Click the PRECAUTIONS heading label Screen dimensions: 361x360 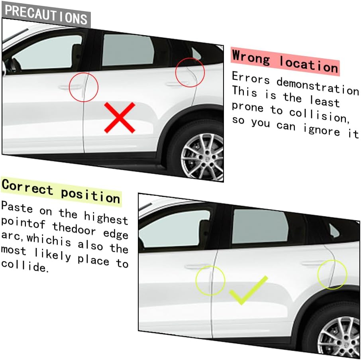tap(46, 15)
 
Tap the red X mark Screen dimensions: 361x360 tap(120, 118)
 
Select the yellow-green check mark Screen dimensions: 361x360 tap(249, 290)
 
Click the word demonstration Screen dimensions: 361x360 tap(318, 86)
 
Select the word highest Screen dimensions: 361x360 tap(106, 217)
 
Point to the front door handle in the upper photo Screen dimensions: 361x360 tap(70, 87)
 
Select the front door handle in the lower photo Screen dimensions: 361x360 tap(197, 267)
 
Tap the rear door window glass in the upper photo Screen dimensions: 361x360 tap(128, 51)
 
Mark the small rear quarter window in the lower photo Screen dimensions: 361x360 tap(334, 231)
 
